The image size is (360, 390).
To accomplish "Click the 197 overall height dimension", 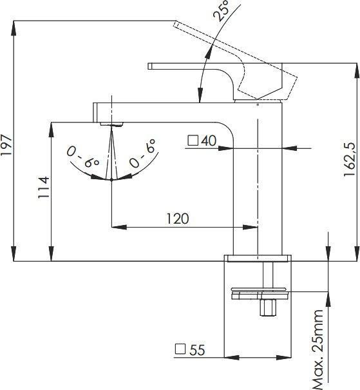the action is point(6,145).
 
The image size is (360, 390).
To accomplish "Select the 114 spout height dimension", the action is point(44,188).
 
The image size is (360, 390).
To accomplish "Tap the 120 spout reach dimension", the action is point(177,219).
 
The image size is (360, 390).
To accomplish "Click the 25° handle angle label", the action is point(222,10).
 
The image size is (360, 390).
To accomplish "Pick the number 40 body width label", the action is point(209,141).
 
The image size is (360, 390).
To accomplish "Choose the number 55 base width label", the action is point(197,350).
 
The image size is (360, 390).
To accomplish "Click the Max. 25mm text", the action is point(318,350).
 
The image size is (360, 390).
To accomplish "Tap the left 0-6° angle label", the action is point(83,157).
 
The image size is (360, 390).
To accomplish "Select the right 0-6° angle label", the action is point(142,153).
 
